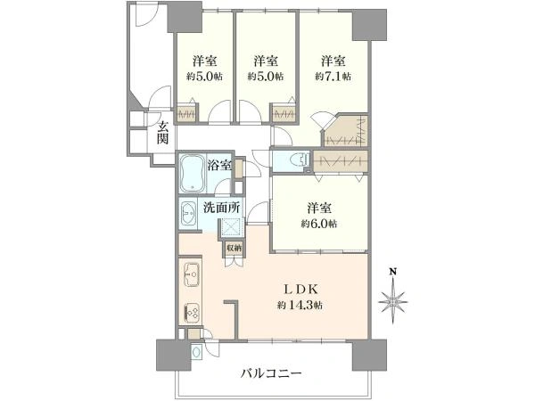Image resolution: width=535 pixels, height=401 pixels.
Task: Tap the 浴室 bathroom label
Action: click(x=220, y=165)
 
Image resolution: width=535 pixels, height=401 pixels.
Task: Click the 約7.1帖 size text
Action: click(x=333, y=77)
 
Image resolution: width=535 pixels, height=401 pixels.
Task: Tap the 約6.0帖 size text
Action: click(x=320, y=223)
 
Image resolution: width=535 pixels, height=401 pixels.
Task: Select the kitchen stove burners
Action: click(x=192, y=312)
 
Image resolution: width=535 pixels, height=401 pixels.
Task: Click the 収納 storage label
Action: click(x=234, y=248)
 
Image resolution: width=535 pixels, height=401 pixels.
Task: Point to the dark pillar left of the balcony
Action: click(x=168, y=356)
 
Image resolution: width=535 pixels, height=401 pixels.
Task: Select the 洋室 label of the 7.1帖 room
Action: click(x=333, y=61)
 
